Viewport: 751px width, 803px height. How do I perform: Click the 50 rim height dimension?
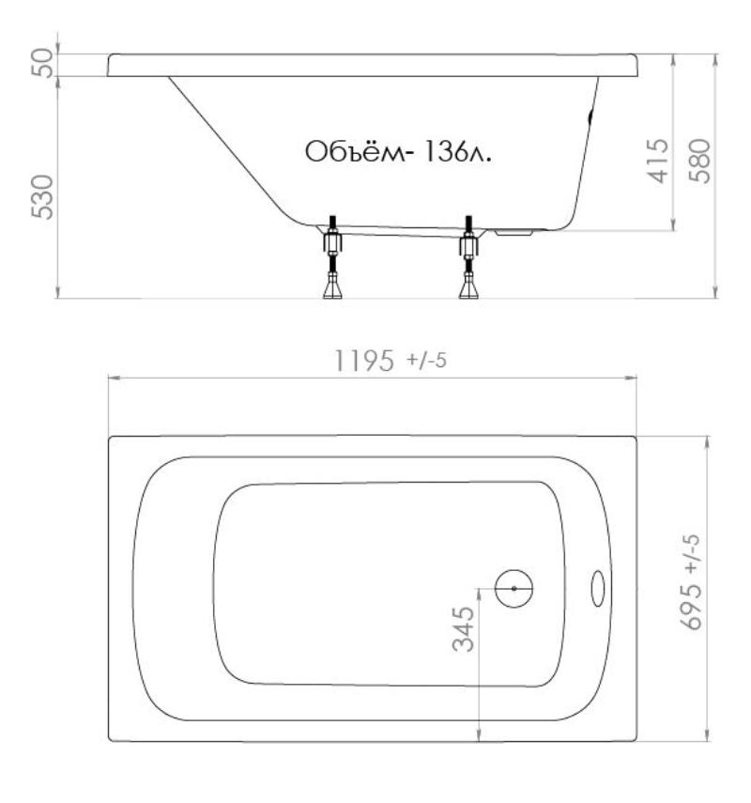click(x=42, y=63)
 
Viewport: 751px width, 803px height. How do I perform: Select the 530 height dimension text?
click(x=42, y=197)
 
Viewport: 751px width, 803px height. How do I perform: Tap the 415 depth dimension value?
click(x=658, y=161)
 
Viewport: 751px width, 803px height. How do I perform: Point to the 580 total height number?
click(x=699, y=161)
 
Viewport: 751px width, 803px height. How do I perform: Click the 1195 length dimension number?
click(x=364, y=360)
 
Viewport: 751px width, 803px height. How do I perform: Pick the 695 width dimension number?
click(x=692, y=606)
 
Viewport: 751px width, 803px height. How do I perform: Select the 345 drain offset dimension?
click(x=464, y=628)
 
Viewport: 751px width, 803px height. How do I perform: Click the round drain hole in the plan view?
click(x=513, y=589)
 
